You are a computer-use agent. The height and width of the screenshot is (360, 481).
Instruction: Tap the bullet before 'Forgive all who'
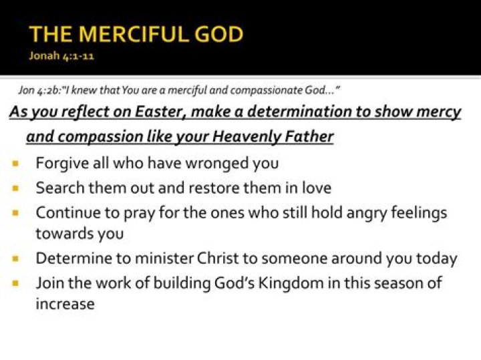pyautogui.click(x=15, y=163)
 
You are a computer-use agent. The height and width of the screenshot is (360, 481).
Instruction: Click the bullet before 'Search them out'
pyautogui.click(x=15, y=188)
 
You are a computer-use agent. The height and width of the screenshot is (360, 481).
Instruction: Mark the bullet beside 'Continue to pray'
pyautogui.click(x=15, y=214)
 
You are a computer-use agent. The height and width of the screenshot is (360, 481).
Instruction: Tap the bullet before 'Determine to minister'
pyautogui.click(x=15, y=258)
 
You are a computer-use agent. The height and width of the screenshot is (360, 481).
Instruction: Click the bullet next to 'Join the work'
pyautogui.click(x=15, y=283)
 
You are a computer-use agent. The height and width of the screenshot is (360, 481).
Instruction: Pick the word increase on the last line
pyautogui.click(x=65, y=305)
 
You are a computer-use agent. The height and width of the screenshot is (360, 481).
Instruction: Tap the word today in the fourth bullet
pyautogui.click(x=437, y=258)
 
